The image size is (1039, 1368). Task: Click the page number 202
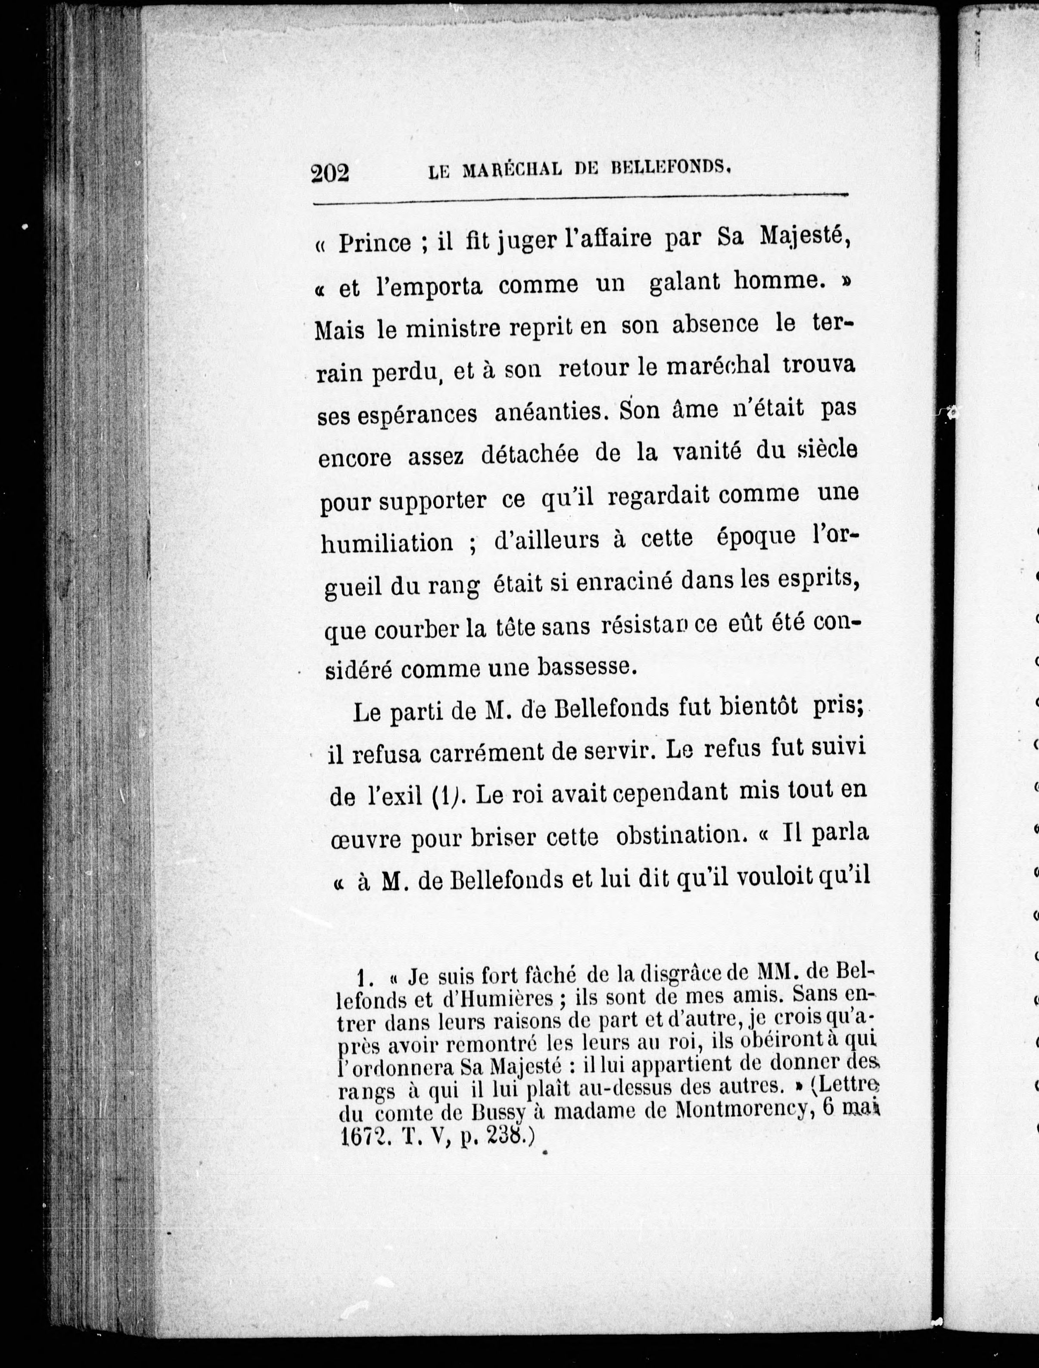click(x=330, y=174)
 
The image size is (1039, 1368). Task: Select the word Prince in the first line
click(x=374, y=243)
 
